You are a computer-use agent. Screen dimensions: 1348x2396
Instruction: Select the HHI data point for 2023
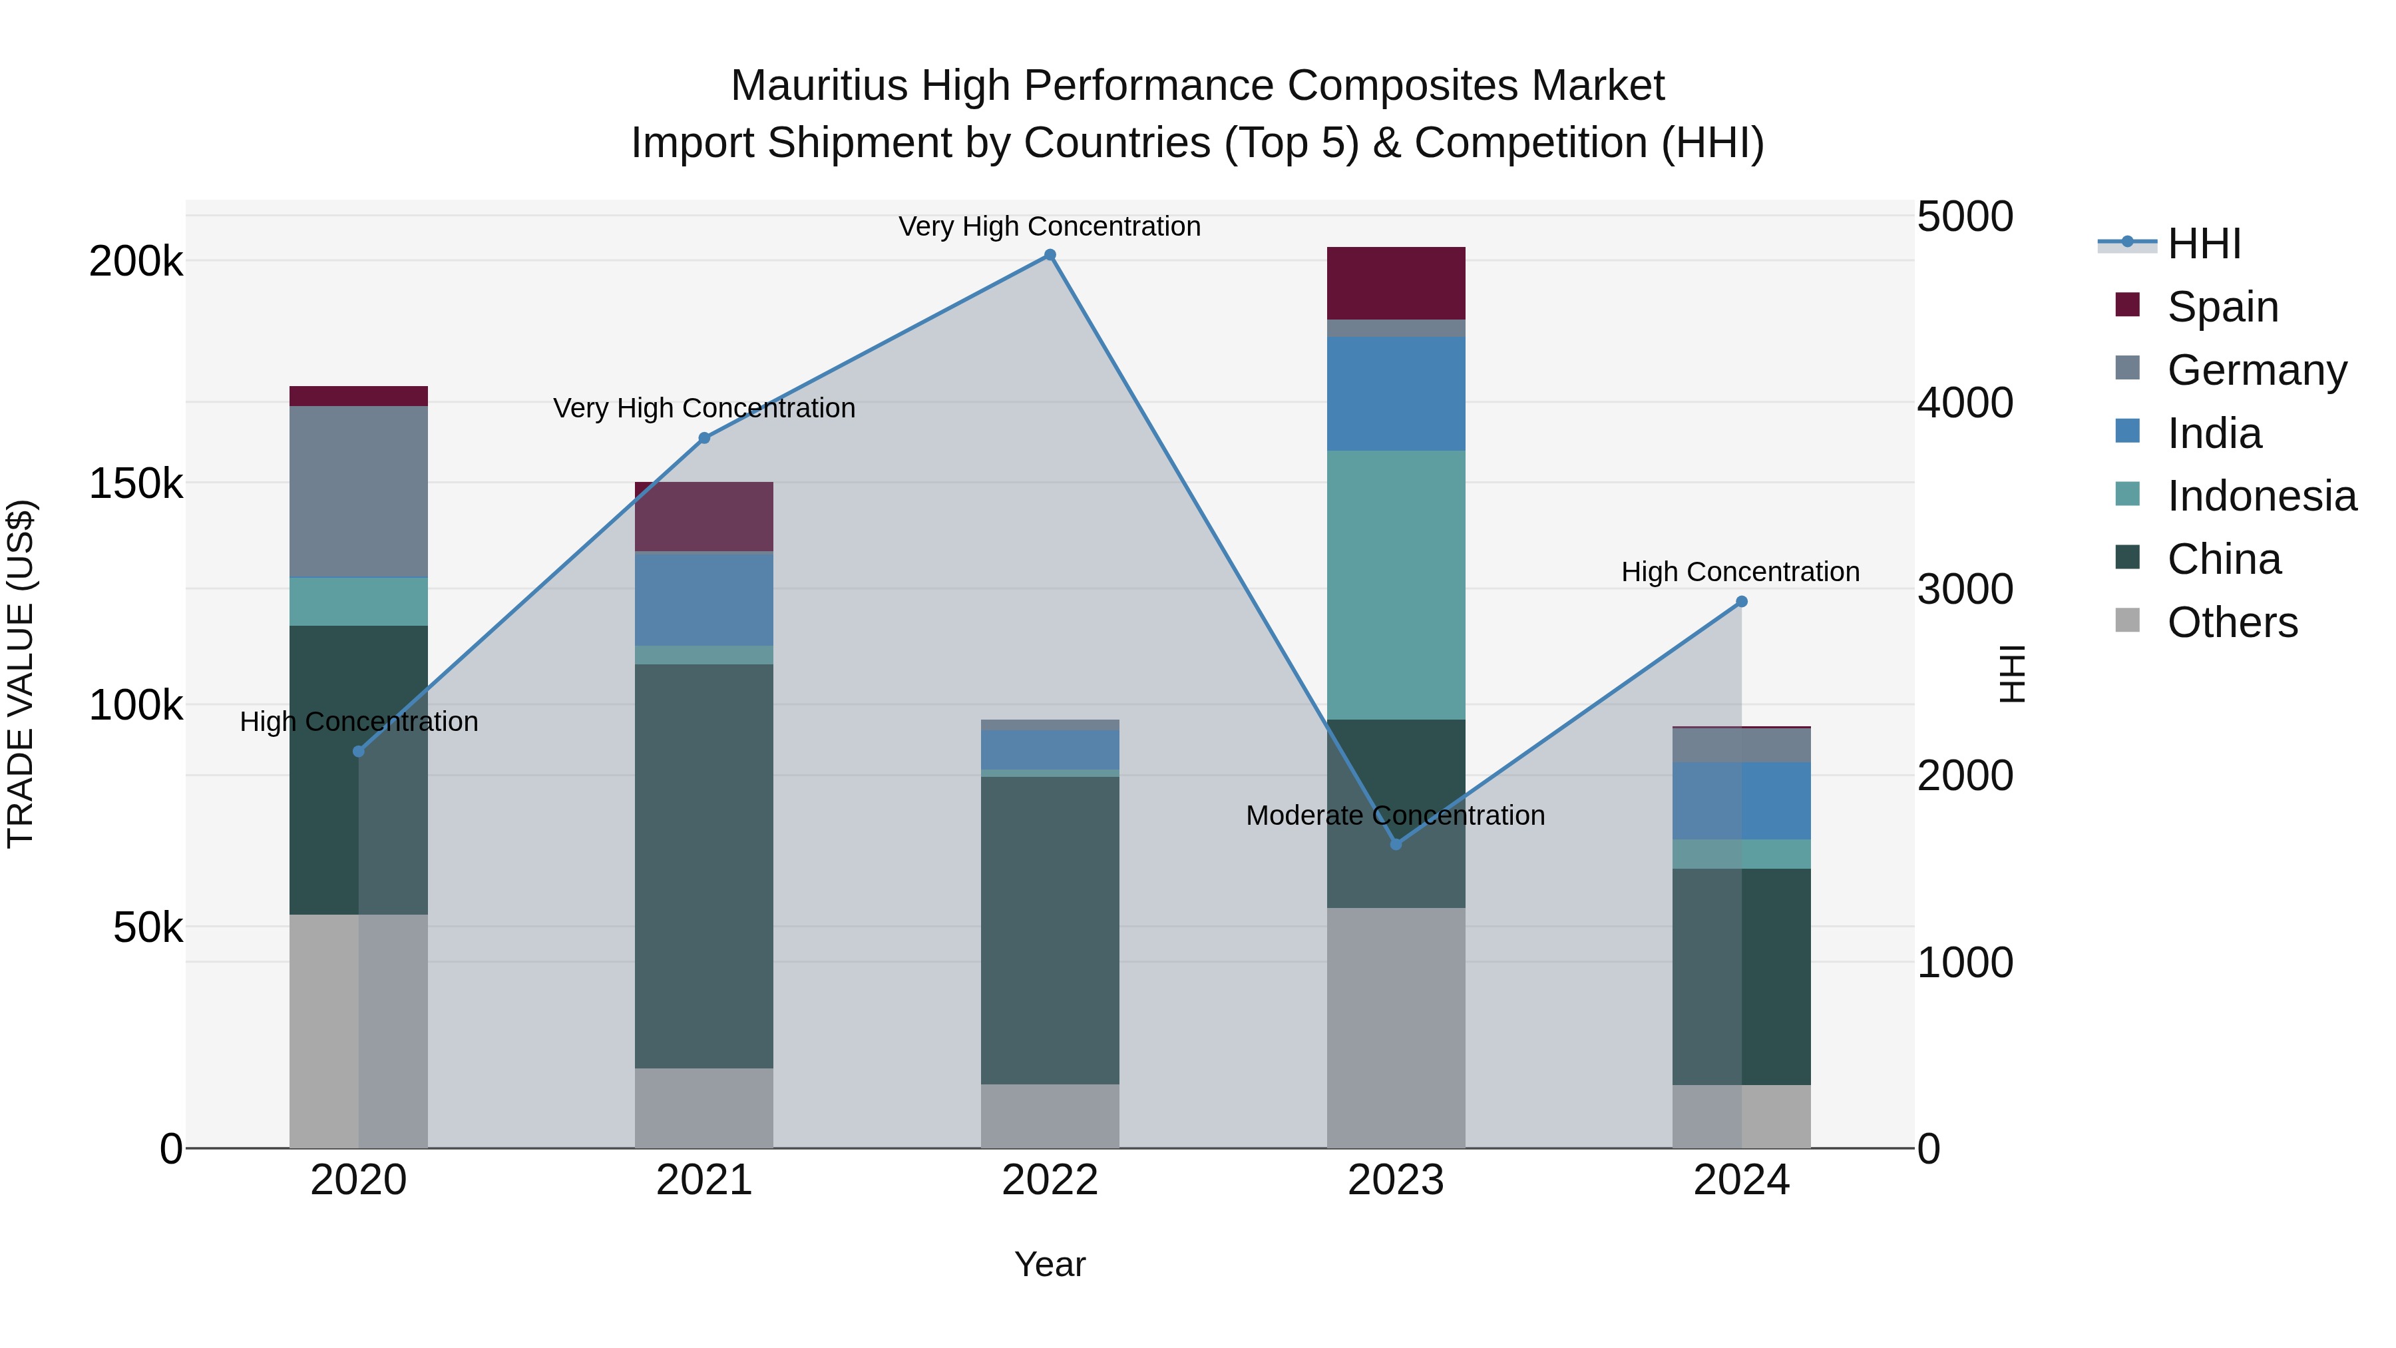(x=1395, y=844)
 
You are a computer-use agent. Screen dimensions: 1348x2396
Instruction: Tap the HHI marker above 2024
(x=1741, y=602)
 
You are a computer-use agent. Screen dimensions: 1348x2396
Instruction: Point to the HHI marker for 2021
(x=704, y=438)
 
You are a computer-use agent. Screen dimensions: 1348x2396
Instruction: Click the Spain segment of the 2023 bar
(x=1395, y=283)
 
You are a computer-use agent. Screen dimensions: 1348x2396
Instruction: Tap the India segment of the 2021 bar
(x=704, y=598)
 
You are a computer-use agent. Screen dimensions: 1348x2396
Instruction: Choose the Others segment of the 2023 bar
(x=1395, y=1027)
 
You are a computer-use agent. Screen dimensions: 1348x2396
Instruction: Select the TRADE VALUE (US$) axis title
(x=21, y=674)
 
